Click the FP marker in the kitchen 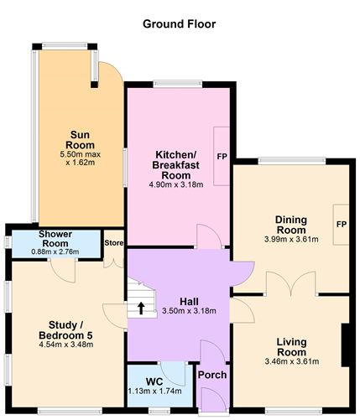coord(222,157)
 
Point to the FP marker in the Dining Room coord(341,225)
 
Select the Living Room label coord(290,347)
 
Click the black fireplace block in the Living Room coord(344,345)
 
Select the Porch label coord(211,374)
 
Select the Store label coord(113,243)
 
